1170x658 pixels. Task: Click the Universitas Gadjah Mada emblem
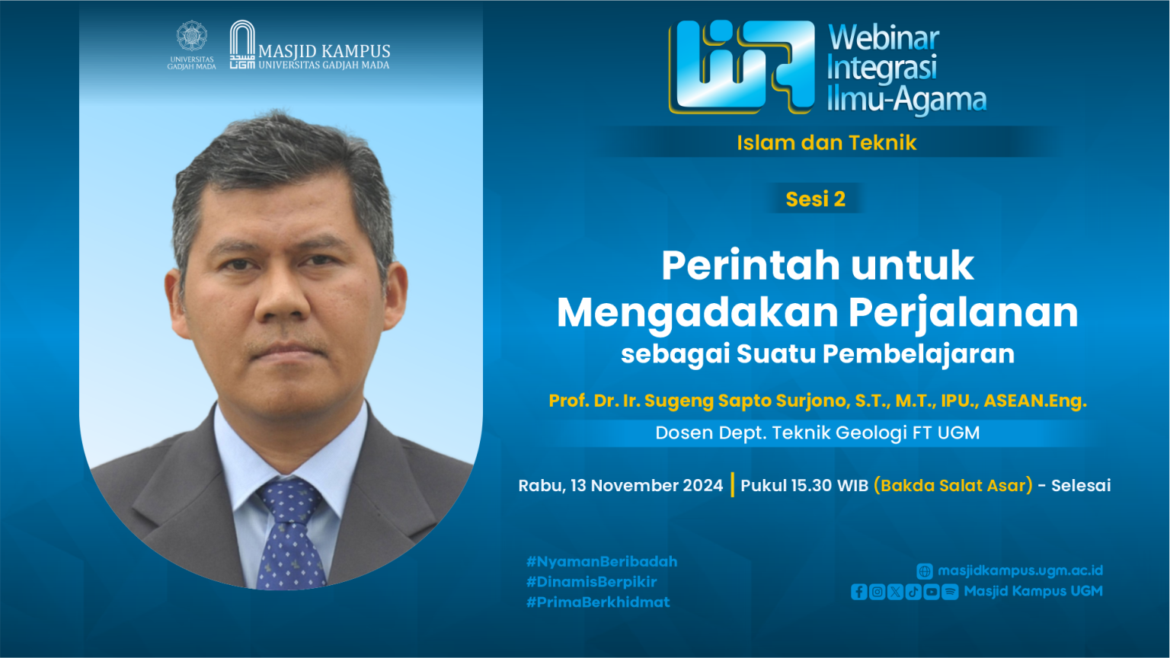(x=192, y=36)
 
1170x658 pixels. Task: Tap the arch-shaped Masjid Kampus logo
(x=242, y=44)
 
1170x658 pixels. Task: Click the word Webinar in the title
(x=884, y=38)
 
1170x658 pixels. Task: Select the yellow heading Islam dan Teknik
(x=826, y=142)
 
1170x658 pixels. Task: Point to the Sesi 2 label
(x=815, y=199)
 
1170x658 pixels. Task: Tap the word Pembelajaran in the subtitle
(x=919, y=353)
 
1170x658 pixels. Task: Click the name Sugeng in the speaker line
(x=679, y=401)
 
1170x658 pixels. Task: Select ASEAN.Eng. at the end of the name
(x=1035, y=401)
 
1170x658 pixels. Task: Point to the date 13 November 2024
(x=647, y=486)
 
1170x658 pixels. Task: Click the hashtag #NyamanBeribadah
(x=602, y=562)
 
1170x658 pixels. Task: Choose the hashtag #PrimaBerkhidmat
(x=598, y=602)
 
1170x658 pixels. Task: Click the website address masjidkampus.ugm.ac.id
(x=1020, y=570)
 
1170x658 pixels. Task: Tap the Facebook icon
(x=858, y=592)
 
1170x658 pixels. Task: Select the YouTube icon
(x=932, y=592)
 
